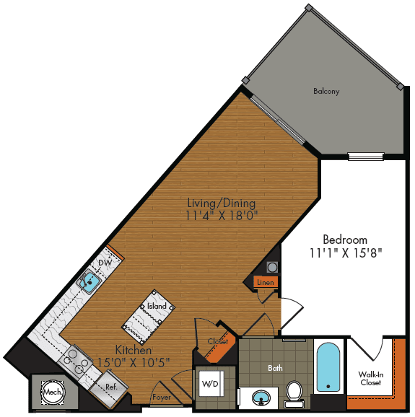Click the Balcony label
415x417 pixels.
(326, 92)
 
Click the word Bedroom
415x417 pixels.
(344, 240)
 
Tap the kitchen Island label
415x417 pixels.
(157, 306)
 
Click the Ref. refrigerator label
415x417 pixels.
(112, 387)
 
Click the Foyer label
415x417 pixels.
(161, 397)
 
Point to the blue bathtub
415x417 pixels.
(327, 367)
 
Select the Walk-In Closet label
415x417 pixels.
(371, 378)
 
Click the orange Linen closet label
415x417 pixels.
(265, 282)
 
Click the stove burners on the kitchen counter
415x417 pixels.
(74, 360)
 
